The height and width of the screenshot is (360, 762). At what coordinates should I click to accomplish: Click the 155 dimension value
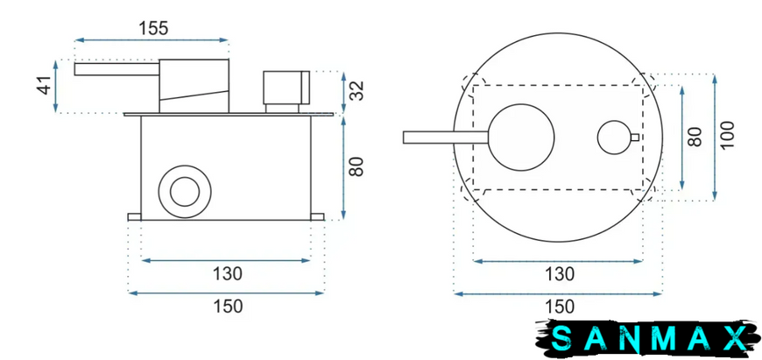[x=153, y=28]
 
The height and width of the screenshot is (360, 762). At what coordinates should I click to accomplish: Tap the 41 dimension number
[x=45, y=86]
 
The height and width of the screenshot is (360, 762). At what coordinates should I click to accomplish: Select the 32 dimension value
[x=357, y=91]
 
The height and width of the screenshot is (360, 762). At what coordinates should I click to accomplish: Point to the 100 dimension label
[x=727, y=135]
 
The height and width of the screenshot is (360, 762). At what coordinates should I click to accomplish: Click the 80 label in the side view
[x=357, y=167]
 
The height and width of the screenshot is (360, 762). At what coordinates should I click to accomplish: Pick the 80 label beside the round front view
[x=695, y=137]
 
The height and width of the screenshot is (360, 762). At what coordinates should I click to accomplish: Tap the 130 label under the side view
[x=227, y=274]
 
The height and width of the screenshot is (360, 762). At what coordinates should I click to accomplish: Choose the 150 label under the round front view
[x=560, y=307]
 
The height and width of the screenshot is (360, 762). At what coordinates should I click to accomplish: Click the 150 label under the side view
[x=228, y=307]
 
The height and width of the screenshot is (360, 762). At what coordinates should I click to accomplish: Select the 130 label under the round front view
[x=560, y=274]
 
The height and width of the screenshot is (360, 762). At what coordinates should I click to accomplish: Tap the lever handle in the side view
[x=116, y=69]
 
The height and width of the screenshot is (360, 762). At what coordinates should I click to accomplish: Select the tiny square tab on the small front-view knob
[x=635, y=137]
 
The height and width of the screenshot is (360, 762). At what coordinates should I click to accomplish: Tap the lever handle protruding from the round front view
[x=446, y=138]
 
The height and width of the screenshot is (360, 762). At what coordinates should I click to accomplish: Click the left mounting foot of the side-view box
[x=134, y=216]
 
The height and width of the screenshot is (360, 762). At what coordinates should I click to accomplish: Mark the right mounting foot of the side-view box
[x=317, y=216]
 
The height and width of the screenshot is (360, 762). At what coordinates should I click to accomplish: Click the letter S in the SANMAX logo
[x=561, y=338]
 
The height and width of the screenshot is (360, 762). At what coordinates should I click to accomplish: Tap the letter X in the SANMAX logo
[x=734, y=338]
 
